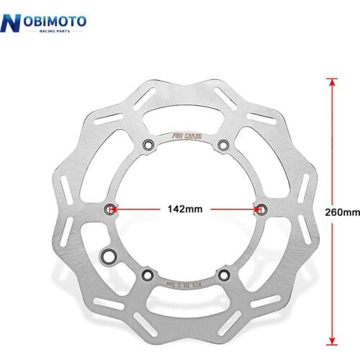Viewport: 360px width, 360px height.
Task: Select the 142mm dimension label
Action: tap(184, 209)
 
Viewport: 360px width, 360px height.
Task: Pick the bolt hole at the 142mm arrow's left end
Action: tap(110, 209)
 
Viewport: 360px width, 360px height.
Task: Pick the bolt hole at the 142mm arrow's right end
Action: tap(261, 209)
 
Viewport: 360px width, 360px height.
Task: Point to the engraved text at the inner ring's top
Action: tap(186, 133)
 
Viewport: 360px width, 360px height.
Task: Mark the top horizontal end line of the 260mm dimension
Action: tap(332, 78)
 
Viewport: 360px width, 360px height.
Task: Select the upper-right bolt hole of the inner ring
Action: tap(223, 145)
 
